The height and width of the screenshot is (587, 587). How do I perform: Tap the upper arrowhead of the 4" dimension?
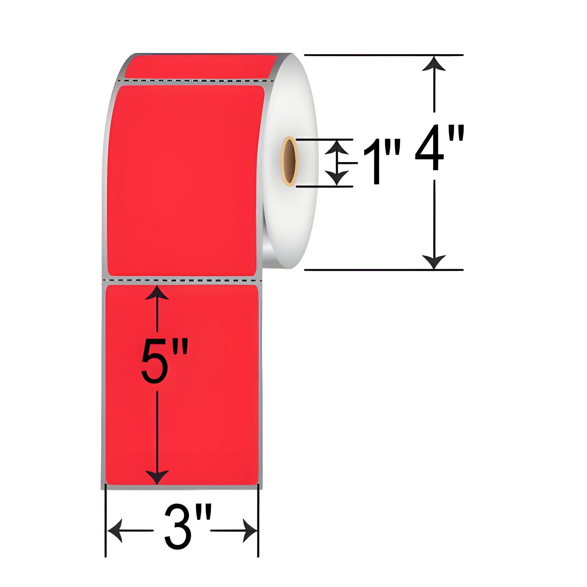click(434, 63)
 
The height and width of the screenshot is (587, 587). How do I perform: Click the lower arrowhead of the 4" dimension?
click(434, 262)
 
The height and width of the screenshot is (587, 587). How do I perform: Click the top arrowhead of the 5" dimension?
click(157, 292)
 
